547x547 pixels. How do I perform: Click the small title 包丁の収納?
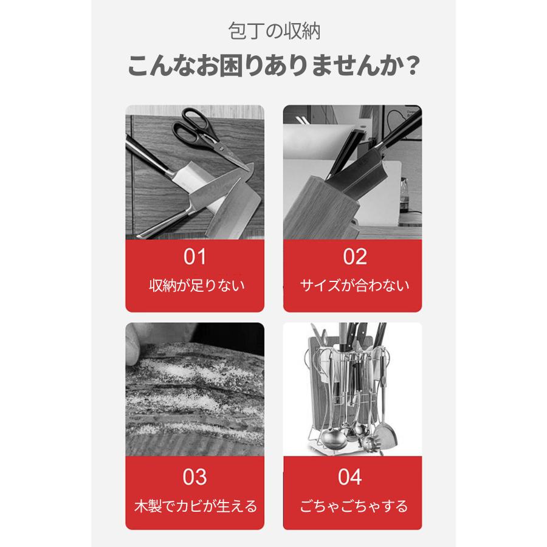click(x=273, y=31)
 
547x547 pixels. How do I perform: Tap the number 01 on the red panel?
click(x=195, y=257)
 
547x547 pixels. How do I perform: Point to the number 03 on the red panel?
click(x=195, y=477)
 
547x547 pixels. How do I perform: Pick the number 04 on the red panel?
click(x=350, y=477)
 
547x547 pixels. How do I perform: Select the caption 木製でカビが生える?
click(x=195, y=506)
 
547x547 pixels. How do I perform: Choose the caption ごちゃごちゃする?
click(x=353, y=506)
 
